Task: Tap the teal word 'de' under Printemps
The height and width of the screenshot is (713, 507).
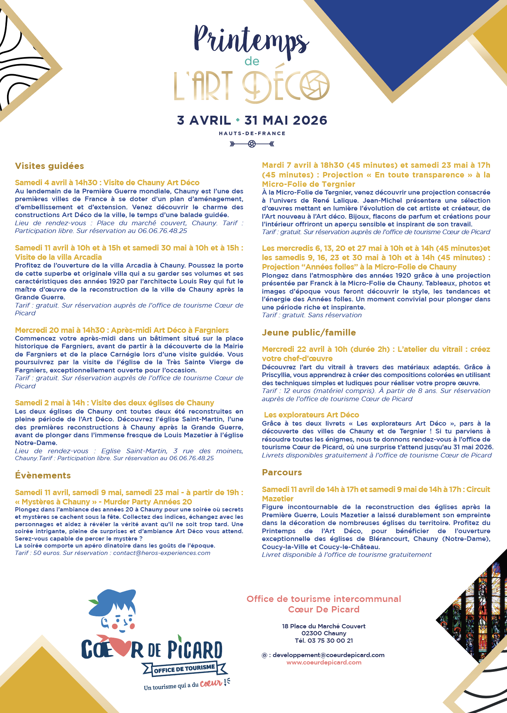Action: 252,61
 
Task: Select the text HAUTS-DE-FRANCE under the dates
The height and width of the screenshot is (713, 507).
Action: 252,133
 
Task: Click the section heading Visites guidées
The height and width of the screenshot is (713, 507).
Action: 49,166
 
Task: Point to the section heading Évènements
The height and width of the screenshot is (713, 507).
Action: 43,476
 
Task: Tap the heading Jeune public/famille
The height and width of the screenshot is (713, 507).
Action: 309,333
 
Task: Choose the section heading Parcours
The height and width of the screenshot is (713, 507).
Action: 282,473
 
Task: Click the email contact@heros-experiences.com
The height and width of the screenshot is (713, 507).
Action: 161,553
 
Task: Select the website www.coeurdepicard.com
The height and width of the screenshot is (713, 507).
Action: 324,663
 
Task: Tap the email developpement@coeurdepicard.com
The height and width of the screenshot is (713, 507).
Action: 328,655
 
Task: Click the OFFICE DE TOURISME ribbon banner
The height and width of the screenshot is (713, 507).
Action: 184,669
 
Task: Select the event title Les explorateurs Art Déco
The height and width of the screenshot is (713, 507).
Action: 311,415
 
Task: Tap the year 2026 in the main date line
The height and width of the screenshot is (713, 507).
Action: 310,120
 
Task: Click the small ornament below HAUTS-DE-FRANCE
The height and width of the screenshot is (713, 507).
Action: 252,144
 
